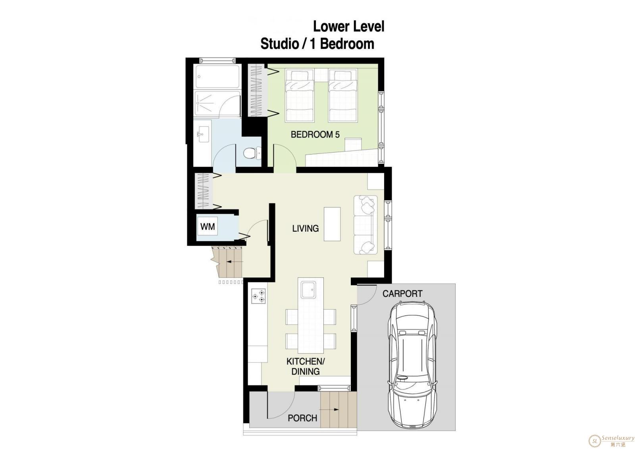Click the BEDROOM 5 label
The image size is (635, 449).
click(315, 134)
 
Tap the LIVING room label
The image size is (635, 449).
click(305, 228)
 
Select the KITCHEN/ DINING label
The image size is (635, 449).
click(306, 366)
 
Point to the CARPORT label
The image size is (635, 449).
click(402, 294)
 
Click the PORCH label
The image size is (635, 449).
click(302, 418)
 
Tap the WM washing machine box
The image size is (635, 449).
click(208, 226)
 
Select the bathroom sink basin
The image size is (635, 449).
click(203, 134)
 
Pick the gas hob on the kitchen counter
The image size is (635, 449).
click(258, 296)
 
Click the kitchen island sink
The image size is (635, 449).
click(308, 290)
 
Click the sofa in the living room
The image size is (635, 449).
click(366, 225)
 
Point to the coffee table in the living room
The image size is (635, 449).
click(332, 224)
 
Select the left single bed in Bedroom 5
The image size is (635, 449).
click(300, 96)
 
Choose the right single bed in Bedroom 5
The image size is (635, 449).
click(343, 96)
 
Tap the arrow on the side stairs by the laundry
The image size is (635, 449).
click(235, 261)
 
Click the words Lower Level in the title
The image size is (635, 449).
click(349, 26)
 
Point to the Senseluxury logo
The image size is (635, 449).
click(611, 441)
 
